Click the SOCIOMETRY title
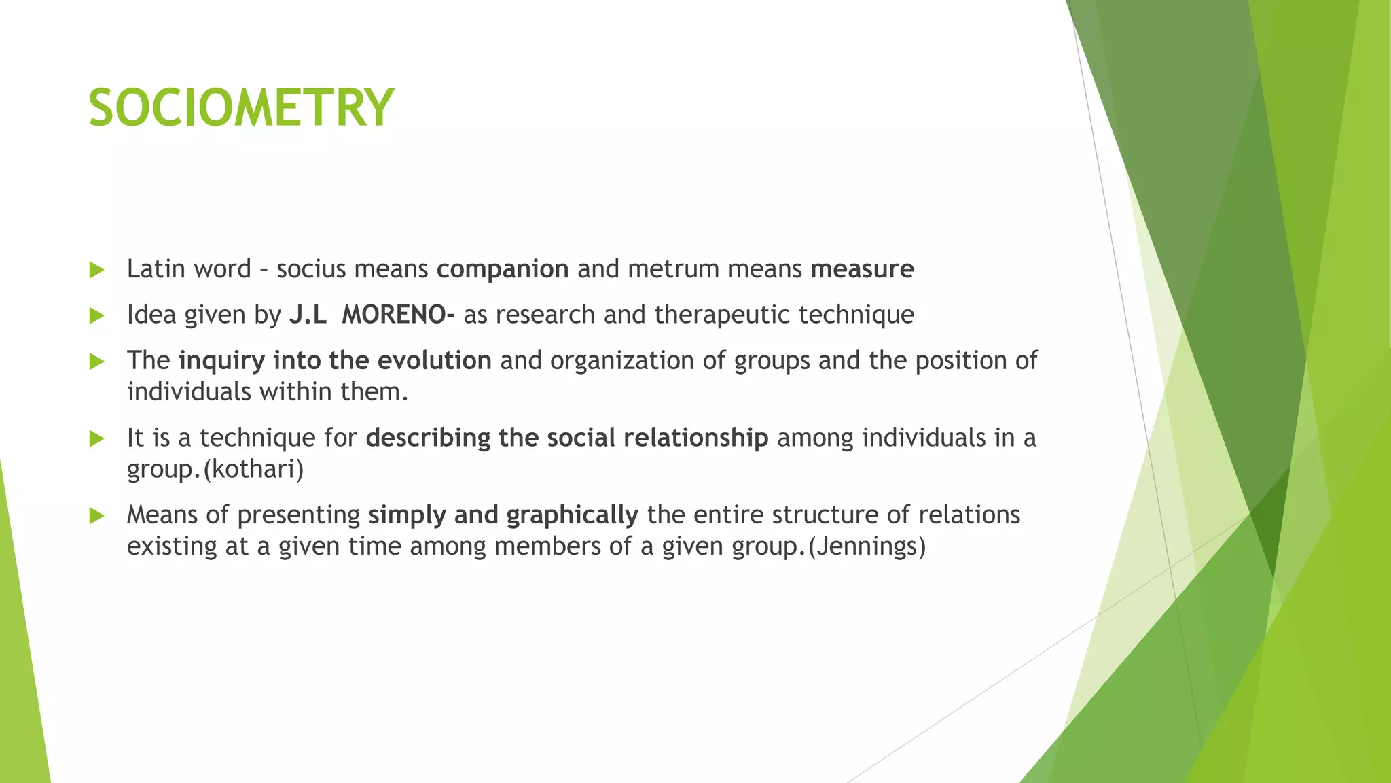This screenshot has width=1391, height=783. pyautogui.click(x=241, y=108)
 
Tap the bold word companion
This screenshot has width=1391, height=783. pyautogui.click(x=503, y=269)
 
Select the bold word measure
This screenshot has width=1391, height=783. pyautogui.click(x=862, y=269)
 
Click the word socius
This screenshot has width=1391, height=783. pyautogui.click(x=311, y=269)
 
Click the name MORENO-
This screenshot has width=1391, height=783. pyautogui.click(x=398, y=315)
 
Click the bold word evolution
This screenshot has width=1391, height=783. pyautogui.click(x=434, y=360)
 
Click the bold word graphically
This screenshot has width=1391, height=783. pyautogui.click(x=572, y=515)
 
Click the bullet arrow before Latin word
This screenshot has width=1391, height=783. pyautogui.click(x=96, y=271)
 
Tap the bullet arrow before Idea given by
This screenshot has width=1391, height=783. pyautogui.click(x=96, y=316)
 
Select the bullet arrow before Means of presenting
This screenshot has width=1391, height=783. pyautogui.click(x=96, y=517)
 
